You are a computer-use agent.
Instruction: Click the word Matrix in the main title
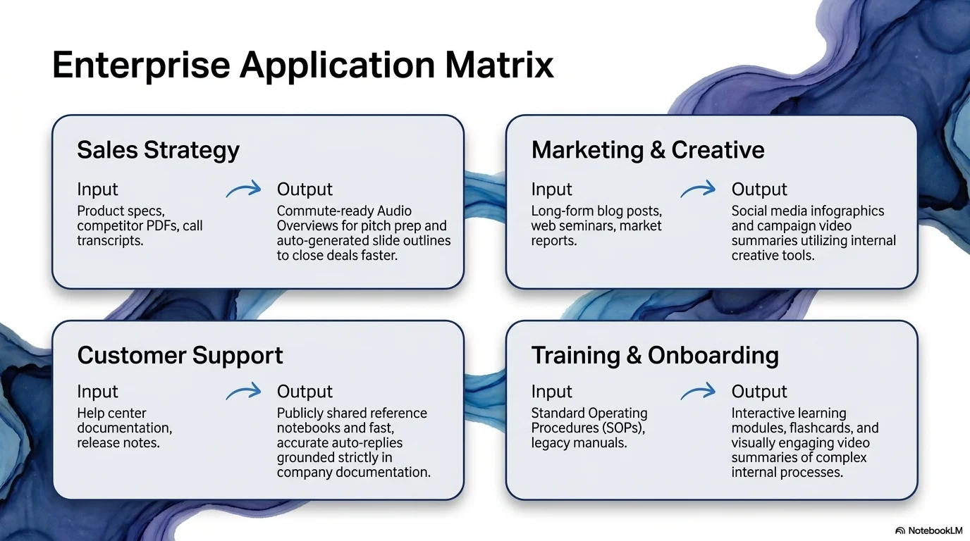click(x=499, y=65)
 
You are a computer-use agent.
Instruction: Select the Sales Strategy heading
click(x=158, y=150)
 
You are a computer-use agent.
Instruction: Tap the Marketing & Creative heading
click(x=648, y=150)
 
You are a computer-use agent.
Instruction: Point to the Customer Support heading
click(x=180, y=356)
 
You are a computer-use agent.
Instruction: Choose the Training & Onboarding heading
click(x=655, y=355)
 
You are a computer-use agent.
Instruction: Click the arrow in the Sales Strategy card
click(x=243, y=189)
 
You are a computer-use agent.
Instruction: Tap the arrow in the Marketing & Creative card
click(x=698, y=189)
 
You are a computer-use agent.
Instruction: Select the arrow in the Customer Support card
click(x=243, y=391)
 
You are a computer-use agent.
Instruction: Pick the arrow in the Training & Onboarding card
click(x=698, y=391)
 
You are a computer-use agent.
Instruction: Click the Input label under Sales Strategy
click(x=97, y=189)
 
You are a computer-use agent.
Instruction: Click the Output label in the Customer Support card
click(x=305, y=392)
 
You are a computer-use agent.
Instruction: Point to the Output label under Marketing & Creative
click(x=759, y=189)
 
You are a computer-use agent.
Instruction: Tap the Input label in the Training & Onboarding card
click(x=551, y=392)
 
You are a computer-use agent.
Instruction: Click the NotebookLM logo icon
click(x=900, y=530)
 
